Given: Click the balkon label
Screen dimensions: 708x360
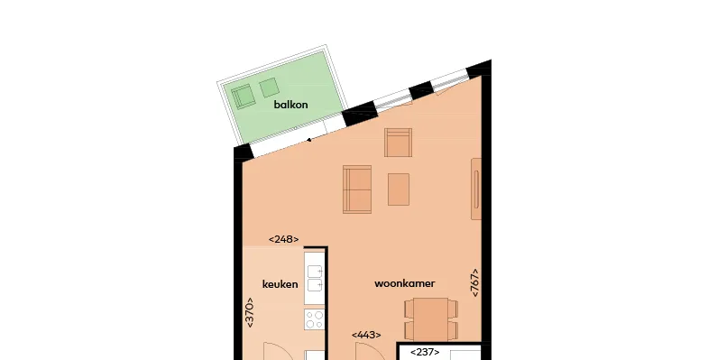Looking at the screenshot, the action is (x=290, y=105).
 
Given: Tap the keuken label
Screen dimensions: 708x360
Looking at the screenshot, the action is (x=280, y=284).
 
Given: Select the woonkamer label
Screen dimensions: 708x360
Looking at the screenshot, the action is (x=405, y=283).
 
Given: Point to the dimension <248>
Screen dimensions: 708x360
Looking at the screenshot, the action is (x=283, y=239).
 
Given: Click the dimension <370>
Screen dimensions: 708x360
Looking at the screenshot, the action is (x=249, y=312).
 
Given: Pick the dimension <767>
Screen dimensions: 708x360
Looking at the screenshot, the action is (x=474, y=282).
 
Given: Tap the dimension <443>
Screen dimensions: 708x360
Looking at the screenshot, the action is (x=366, y=335).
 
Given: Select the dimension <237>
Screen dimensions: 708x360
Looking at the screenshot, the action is (x=425, y=352).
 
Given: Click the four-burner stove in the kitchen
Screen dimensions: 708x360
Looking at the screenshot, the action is (x=314, y=319).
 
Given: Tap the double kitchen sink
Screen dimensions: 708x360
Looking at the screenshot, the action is (x=315, y=278).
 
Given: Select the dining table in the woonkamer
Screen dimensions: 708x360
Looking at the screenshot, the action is (x=431, y=318).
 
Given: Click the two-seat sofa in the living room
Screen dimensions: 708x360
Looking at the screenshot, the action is (x=357, y=189).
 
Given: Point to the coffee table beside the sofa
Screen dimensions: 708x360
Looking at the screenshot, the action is (x=399, y=189).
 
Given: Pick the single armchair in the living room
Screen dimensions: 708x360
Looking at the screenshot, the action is (x=399, y=143).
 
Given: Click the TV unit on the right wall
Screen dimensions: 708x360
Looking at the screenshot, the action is (x=476, y=189).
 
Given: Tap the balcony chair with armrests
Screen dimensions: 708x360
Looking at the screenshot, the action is (x=244, y=97).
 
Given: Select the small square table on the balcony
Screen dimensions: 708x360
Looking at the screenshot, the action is (x=269, y=88).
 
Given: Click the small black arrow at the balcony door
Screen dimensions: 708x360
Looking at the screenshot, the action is (x=309, y=140).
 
